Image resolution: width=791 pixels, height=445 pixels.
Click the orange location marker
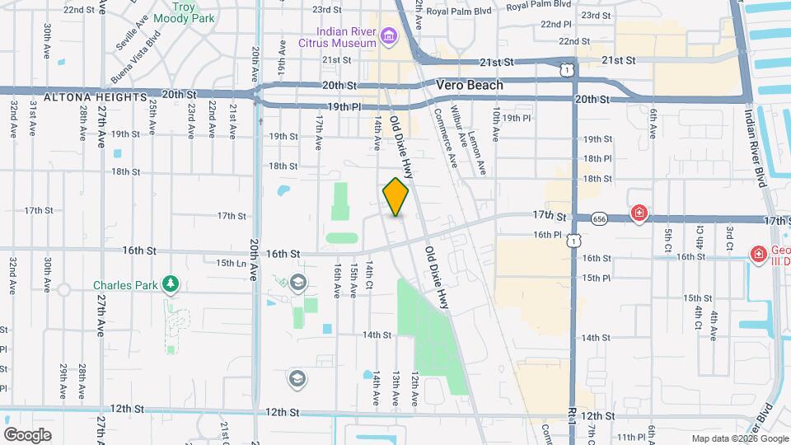click(396, 197)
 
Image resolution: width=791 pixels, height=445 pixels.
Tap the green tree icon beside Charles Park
click(171, 285)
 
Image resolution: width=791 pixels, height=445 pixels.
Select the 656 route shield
click(598, 218)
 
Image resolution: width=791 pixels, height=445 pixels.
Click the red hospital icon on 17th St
click(639, 214)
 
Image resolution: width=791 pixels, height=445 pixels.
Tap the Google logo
click(27, 435)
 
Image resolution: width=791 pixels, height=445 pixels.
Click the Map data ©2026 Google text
click(739, 438)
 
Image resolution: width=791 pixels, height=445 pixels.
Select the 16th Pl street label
click(547, 235)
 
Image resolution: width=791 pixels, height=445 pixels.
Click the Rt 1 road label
click(571, 419)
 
